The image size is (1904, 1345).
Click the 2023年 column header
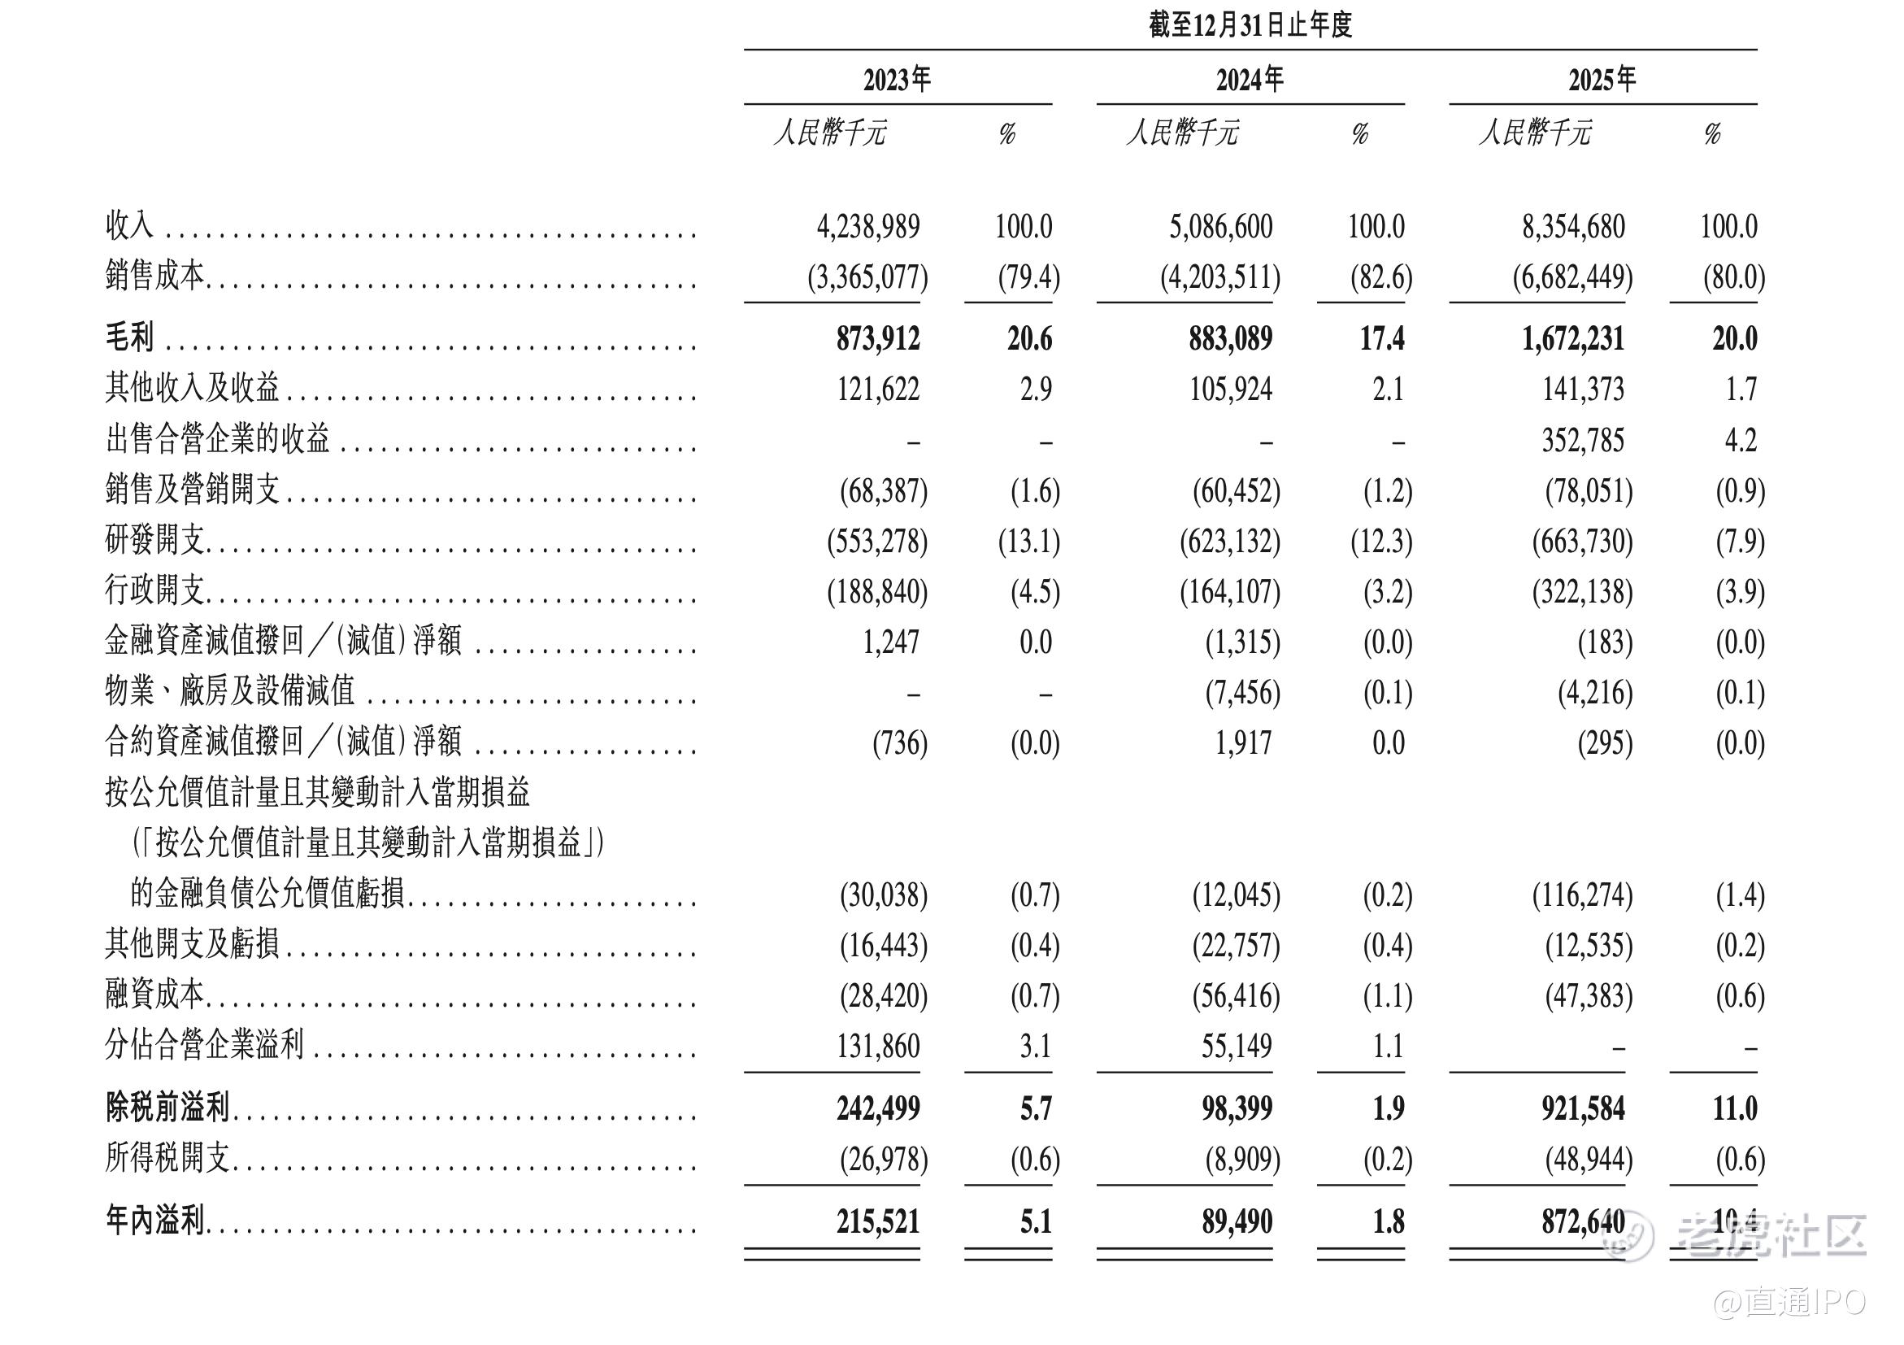pos(897,80)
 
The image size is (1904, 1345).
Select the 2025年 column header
pos(1602,80)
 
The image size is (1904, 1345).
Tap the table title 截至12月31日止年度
pos(1250,25)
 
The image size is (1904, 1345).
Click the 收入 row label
pos(129,225)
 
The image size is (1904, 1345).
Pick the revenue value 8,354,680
pos(1572,226)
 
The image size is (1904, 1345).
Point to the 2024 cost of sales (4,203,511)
pos(1219,277)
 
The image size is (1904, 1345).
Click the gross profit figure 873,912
pos(877,338)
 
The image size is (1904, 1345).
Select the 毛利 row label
pos(129,338)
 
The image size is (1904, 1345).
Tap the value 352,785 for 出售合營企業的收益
pos(1582,440)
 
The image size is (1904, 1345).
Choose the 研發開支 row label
pos(155,541)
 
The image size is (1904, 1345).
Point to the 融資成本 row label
pos(155,995)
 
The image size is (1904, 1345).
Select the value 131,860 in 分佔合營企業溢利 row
pos(877,1046)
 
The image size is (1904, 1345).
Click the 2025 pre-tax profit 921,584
pos(1582,1108)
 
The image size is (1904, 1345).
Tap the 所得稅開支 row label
pos(167,1159)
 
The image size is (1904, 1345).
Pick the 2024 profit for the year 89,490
pos(1237,1221)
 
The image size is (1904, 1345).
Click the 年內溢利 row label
pos(155,1221)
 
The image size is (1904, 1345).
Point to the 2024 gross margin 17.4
pos(1381,338)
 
